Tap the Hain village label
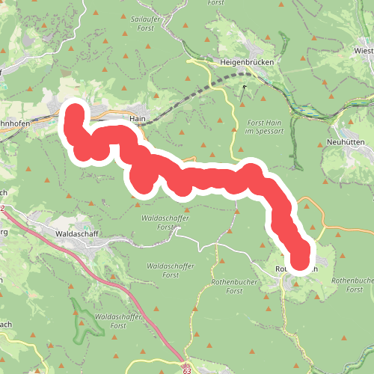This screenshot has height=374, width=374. pyautogui.click(x=136, y=118)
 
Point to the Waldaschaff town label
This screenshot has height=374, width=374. pyautogui.click(x=78, y=233)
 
